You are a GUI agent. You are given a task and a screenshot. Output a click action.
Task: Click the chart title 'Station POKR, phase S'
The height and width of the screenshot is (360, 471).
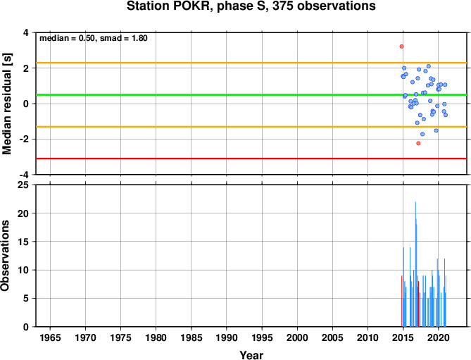tap(196, 6)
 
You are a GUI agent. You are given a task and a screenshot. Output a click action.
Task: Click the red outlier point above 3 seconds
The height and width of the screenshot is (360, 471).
tap(401, 46)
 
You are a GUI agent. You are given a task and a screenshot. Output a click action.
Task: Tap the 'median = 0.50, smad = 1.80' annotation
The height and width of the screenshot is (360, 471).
tap(94, 38)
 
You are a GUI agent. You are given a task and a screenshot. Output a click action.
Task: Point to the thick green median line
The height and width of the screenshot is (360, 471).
tap(251, 95)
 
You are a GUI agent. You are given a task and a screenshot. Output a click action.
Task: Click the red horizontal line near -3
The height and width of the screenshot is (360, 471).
tap(251, 159)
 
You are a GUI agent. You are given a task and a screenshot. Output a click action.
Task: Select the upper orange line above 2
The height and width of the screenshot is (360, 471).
tap(251, 63)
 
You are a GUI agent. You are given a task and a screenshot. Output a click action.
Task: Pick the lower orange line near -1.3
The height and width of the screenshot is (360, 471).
tap(251, 127)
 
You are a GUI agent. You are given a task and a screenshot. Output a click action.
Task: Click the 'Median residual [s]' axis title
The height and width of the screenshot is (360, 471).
tap(6, 104)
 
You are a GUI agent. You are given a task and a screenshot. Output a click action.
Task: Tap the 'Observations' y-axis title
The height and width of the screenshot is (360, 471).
tap(5, 256)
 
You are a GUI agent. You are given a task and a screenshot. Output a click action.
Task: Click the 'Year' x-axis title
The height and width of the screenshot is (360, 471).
tap(251, 355)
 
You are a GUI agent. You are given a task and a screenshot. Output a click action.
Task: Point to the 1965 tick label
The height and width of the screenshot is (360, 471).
tap(50, 337)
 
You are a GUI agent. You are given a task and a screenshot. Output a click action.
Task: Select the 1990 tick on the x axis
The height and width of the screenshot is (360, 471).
tap(227, 337)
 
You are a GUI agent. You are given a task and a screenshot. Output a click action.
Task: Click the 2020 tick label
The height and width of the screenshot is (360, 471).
tap(438, 337)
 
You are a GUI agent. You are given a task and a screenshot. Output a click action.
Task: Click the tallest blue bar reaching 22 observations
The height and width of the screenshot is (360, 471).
tap(415, 264)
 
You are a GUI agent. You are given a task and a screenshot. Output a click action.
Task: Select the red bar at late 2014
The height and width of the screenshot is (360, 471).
tap(401, 301)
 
